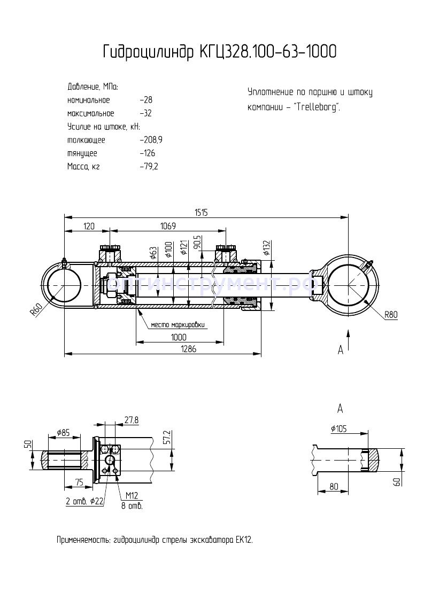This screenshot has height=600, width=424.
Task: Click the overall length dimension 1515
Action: [x=201, y=212]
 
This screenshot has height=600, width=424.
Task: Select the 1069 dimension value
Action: [x=168, y=227]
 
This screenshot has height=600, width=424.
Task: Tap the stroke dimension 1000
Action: [x=179, y=337]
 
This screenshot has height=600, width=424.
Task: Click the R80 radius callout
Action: [x=391, y=315]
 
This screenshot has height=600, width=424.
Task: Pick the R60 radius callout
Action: [x=36, y=309]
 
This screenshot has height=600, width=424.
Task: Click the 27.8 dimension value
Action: [x=130, y=420]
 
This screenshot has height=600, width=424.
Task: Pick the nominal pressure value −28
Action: [x=145, y=100]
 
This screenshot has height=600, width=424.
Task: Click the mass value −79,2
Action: [x=149, y=167]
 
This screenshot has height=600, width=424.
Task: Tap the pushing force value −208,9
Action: [x=151, y=140]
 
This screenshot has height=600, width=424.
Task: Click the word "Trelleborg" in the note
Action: [x=316, y=106]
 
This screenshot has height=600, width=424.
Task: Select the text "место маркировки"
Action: [x=178, y=324]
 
